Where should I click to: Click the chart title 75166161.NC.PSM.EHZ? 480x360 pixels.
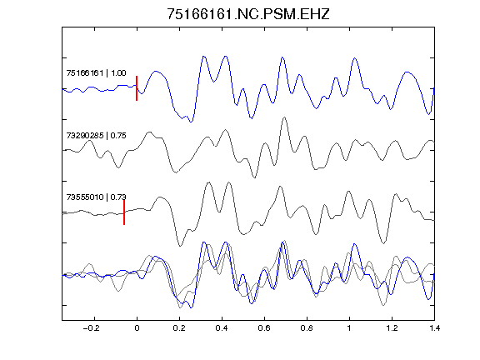[248, 14]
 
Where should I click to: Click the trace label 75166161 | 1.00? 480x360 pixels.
[96, 73]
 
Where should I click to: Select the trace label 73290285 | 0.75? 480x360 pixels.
[96, 136]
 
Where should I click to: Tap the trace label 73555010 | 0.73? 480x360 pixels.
[96, 197]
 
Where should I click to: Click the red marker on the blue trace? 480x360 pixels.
[137, 88]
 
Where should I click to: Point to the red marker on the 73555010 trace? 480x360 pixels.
[124, 212]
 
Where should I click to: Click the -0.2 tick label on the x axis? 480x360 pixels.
[92, 328]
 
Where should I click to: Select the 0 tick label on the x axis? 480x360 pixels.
[137, 328]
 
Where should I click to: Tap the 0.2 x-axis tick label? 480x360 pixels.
[179, 328]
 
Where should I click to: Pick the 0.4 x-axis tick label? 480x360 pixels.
[222, 328]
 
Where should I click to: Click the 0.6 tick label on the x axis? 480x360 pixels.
[264, 328]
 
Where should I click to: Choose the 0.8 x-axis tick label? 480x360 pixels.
[307, 328]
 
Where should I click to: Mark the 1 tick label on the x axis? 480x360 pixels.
[349, 328]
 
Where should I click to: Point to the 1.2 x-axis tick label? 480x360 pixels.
[392, 328]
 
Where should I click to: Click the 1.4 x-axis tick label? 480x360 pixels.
[434, 328]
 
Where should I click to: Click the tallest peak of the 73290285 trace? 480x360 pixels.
[284, 117]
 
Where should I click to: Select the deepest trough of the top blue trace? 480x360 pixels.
[191, 122]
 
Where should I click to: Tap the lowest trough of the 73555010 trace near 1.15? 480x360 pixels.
[383, 243]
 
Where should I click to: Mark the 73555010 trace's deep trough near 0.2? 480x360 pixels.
[180, 246]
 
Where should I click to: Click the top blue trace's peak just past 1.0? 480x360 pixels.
[355, 57]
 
